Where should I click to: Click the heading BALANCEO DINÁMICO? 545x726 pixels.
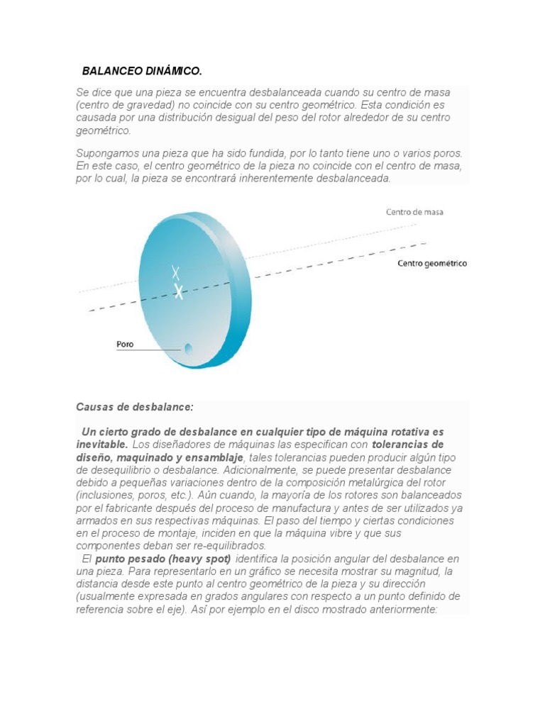(x=142, y=71)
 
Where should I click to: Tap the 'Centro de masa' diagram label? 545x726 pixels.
(x=415, y=212)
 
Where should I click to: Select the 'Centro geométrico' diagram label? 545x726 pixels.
(x=432, y=264)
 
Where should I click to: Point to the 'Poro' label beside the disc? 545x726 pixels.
(x=125, y=345)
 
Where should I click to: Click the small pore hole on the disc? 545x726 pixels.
(x=188, y=348)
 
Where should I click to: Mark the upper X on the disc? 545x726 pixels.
(x=175, y=272)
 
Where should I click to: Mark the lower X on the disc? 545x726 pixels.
(x=179, y=291)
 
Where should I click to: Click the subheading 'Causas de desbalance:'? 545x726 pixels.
(x=134, y=408)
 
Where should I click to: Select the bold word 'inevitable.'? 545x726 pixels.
(x=102, y=445)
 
